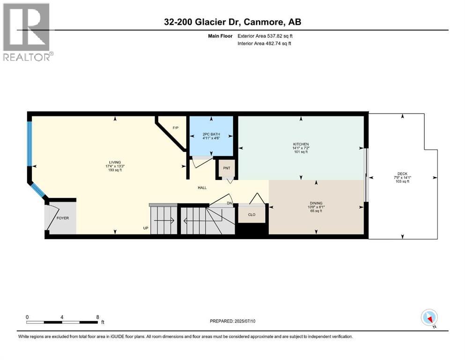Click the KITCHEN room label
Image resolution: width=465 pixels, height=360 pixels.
point(301,144)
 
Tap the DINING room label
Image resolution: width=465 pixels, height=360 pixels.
point(315,202)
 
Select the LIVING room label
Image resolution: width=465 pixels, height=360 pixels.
point(114,162)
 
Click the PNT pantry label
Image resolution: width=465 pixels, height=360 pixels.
point(227,168)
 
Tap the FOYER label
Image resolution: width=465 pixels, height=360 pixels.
point(62,218)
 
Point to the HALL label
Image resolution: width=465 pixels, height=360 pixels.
point(202,188)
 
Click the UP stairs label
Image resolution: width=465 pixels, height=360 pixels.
point(146,228)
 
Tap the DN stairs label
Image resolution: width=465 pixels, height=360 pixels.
point(229,203)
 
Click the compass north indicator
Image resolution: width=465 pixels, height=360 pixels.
point(429,318)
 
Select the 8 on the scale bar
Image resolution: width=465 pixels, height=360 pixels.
point(97,316)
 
